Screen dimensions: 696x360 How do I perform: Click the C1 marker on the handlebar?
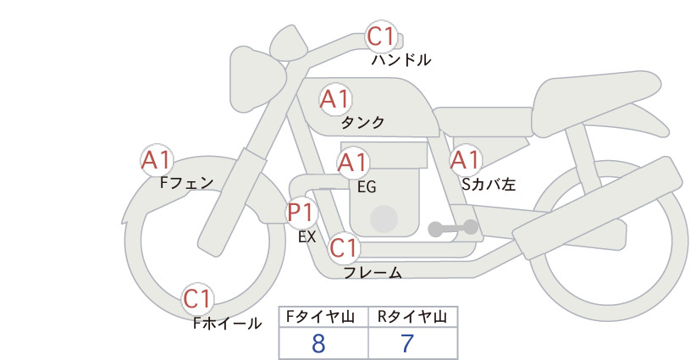click(x=381, y=36)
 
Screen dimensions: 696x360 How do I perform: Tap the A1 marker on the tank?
click(x=335, y=99)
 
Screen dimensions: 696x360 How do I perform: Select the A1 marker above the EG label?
click(x=353, y=163)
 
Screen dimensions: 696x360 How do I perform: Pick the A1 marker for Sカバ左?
click(x=466, y=160)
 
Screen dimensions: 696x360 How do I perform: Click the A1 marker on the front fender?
click(x=157, y=160)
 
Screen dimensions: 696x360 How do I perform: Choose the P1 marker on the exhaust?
click(x=301, y=213)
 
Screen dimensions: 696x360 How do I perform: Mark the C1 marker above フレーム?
click(x=344, y=247)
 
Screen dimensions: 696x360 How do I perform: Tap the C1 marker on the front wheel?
click(x=197, y=299)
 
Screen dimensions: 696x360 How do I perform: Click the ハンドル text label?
click(x=400, y=60)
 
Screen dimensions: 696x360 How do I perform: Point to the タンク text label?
click(x=362, y=123)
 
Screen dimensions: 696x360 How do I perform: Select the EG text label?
click(x=367, y=187)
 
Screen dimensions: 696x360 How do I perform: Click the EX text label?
click(x=307, y=237)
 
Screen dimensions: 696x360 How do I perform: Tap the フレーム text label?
click(x=373, y=273)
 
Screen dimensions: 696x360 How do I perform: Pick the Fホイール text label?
click(x=227, y=324)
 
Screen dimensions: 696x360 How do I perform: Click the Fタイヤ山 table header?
click(x=320, y=317)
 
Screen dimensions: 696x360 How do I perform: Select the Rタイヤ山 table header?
click(x=412, y=317)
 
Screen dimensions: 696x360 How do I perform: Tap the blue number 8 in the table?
click(x=318, y=344)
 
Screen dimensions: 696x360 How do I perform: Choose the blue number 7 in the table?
click(x=407, y=344)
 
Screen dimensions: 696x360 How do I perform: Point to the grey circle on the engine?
click(x=384, y=219)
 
